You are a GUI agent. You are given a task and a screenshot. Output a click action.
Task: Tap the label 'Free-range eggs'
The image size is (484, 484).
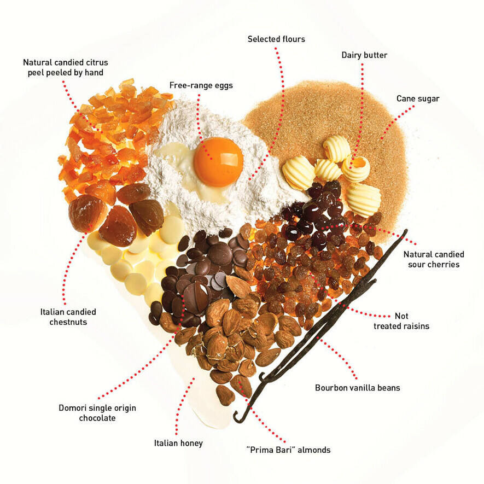[200, 85]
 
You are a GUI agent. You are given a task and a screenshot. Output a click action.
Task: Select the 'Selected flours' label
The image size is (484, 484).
[276, 39]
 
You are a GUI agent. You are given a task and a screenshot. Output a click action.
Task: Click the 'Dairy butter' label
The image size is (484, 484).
[365, 55]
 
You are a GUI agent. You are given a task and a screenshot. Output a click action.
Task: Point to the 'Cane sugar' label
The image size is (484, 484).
[418, 99]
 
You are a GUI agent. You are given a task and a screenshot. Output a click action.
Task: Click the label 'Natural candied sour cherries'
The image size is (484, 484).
[434, 259]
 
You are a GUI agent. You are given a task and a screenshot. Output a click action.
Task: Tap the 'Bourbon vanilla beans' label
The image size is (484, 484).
[358, 388]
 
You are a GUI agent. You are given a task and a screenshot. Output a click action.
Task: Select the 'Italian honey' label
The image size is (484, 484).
[178, 443]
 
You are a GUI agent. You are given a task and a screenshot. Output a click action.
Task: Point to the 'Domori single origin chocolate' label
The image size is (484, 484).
[97, 413]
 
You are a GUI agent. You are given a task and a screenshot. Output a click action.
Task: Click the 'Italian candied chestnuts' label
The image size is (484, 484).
[68, 317]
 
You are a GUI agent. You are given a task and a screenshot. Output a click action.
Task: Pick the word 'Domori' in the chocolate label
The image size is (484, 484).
[75, 408]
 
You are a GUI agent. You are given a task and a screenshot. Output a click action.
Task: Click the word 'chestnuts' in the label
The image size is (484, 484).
[68, 322]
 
